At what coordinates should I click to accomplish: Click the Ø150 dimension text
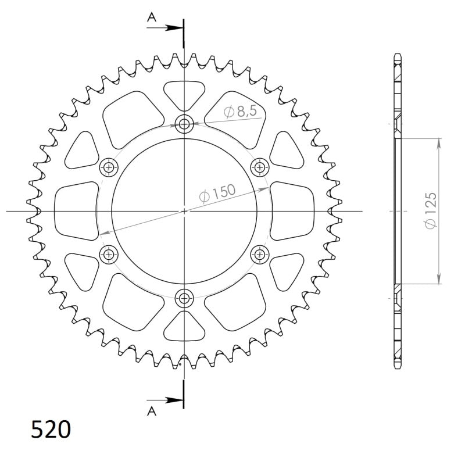tap(217, 194)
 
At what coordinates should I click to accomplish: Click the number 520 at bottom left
tap(51, 430)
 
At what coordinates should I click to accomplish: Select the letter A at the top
tap(151, 18)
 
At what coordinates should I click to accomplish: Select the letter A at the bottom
tap(151, 412)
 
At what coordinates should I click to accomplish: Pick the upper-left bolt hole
tap(109, 167)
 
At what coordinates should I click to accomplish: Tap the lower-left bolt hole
tap(109, 254)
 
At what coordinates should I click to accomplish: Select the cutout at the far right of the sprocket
tap(292, 210)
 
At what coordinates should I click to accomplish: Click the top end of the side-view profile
tap(398, 56)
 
